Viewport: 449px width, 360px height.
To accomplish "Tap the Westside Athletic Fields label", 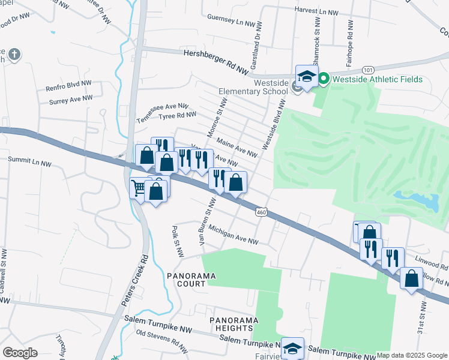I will coord(379,79).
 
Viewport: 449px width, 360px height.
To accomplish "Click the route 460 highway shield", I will coord(261,212).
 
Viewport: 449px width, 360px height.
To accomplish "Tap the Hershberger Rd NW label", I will coord(215,62).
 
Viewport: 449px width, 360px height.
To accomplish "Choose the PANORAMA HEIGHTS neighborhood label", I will coord(235,324).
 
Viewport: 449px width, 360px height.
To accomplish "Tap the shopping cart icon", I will coord(139,188).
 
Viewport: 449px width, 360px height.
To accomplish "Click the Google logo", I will coord(20,353).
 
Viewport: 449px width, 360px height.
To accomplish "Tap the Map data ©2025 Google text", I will coord(412,355).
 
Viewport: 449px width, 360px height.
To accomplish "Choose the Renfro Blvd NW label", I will coord(68,85).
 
